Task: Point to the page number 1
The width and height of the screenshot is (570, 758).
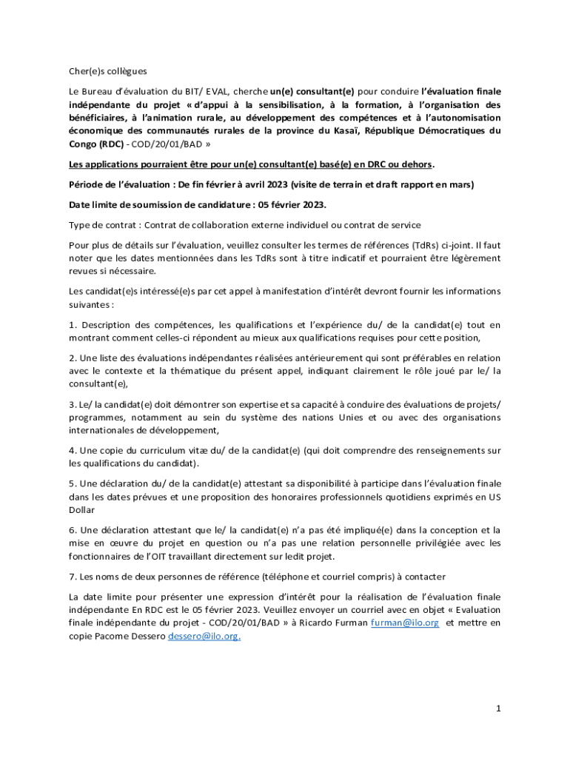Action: pos(499,708)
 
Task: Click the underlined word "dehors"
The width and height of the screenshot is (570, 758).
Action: pos(416,164)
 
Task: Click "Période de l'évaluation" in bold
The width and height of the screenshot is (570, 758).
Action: pos(119,184)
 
